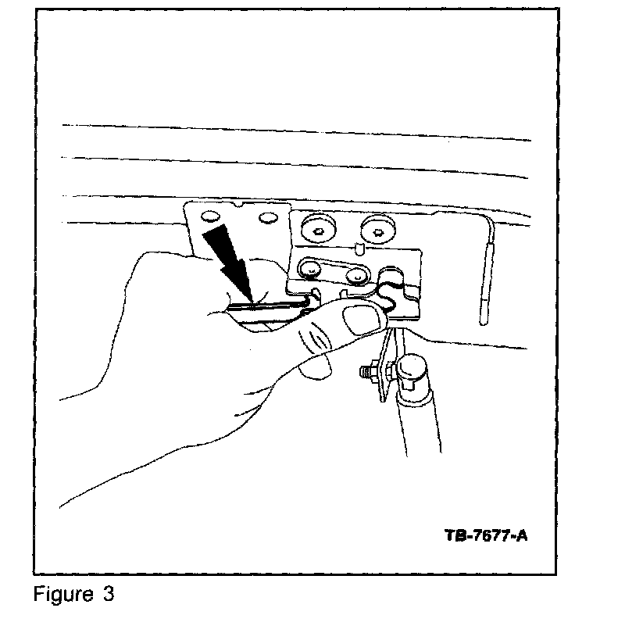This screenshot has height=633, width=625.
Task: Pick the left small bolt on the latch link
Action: tap(311, 270)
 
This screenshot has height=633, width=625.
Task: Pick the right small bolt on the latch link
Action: tap(357, 274)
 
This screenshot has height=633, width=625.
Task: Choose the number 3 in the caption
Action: tap(108, 595)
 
